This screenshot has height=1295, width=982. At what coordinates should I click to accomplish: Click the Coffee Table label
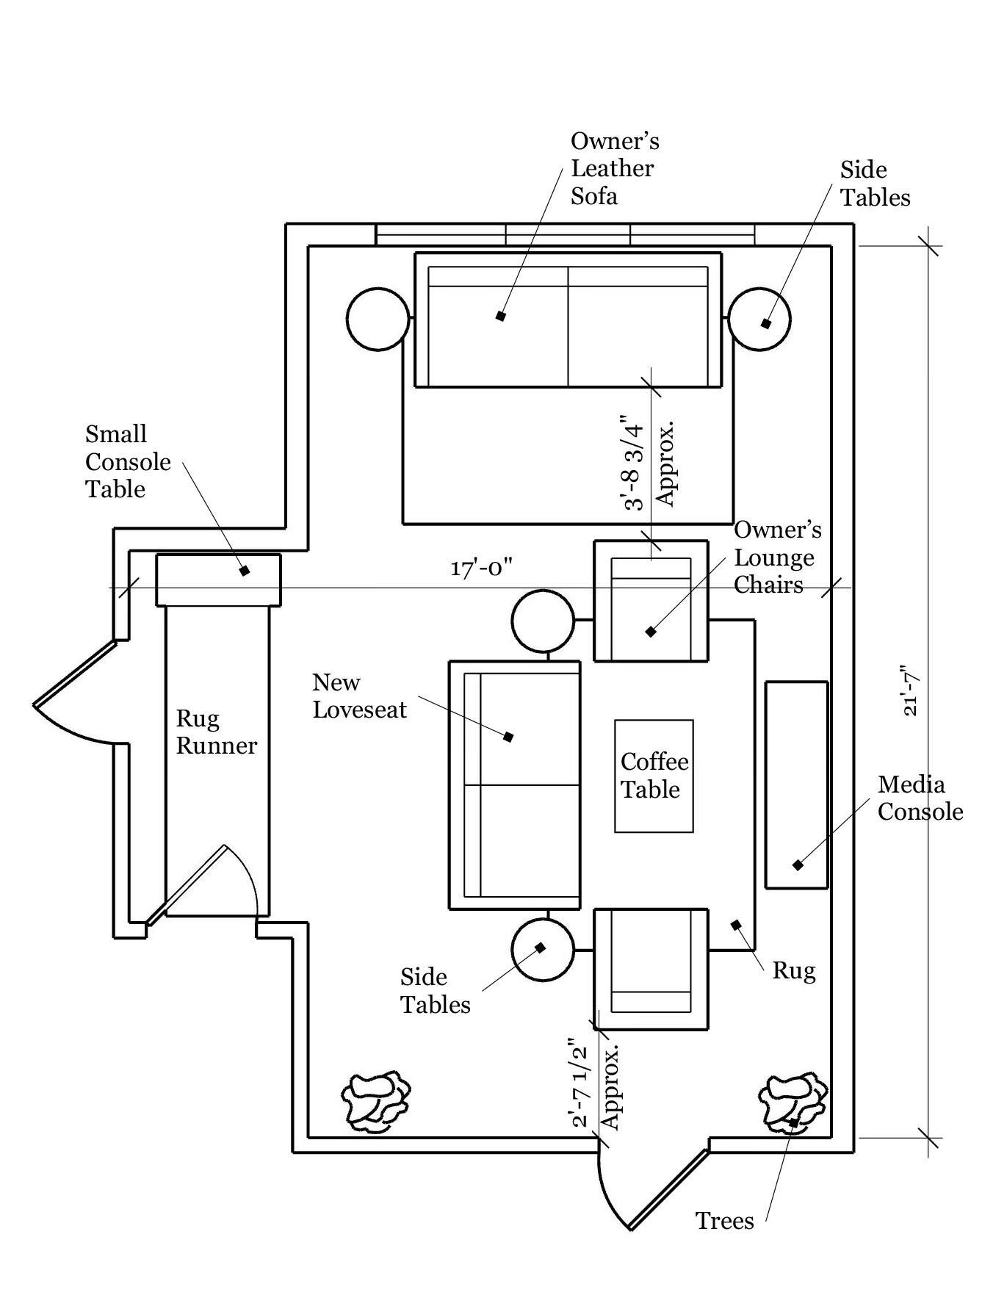[x=654, y=775]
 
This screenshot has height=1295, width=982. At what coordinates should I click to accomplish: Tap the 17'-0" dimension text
[x=481, y=568]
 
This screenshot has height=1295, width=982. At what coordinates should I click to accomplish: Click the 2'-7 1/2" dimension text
[x=580, y=1082]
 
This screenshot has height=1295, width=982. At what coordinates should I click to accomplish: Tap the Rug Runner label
[x=217, y=732]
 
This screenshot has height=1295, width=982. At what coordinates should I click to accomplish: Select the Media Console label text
[x=920, y=798]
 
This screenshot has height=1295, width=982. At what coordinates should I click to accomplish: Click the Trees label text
[x=724, y=1220]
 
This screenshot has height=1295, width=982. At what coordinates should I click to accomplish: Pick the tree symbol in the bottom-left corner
[x=375, y=1100]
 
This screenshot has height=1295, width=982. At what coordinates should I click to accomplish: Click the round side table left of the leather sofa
[x=378, y=319]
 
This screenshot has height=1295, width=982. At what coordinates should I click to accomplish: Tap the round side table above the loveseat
[x=543, y=621]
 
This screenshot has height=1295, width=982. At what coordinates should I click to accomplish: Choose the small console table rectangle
[x=218, y=580]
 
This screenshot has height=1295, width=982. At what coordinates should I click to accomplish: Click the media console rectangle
[x=797, y=784]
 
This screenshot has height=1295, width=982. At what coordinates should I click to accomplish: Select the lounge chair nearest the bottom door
[x=651, y=969]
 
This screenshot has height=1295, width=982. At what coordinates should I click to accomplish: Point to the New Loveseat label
[x=359, y=696]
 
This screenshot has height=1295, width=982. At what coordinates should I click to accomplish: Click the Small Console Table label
[x=128, y=461]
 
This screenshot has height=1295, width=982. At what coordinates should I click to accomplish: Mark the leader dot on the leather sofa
[x=501, y=316]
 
